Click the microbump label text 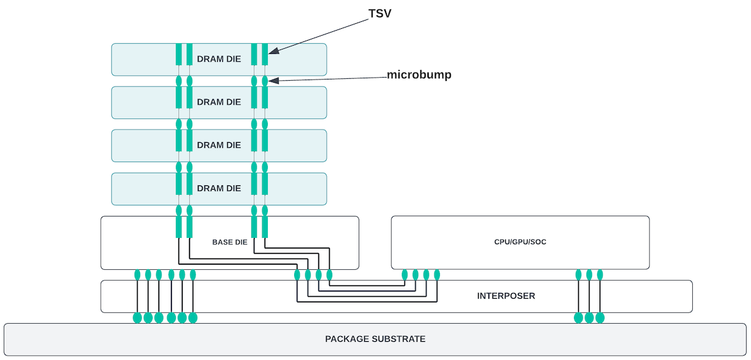pos(419,75)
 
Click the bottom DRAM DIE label pos(219,188)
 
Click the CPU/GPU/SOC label pos(520,242)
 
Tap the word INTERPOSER pos(506,296)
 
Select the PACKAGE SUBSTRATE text pos(375,339)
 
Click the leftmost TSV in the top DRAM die pos(178,54)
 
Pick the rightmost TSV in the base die pos(265,227)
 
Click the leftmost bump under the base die pos(137,274)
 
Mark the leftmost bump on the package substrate pos(137,317)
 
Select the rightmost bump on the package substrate pos(600,317)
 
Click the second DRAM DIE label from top pos(219,102)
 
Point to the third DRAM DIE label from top pos(219,145)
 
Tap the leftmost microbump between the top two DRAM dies pos(178,81)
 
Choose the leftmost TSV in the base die pos(178,227)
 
